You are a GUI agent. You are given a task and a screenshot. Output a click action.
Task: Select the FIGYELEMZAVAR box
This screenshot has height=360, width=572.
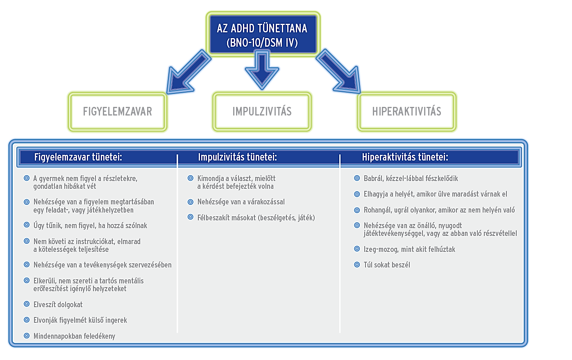click(x=118, y=111)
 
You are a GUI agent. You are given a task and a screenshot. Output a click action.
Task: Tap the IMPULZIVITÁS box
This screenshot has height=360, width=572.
click(x=262, y=111)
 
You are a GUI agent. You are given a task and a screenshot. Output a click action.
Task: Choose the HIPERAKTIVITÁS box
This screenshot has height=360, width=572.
click(x=406, y=111)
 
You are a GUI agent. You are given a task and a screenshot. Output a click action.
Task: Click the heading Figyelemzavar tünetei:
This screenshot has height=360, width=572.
click(x=78, y=157)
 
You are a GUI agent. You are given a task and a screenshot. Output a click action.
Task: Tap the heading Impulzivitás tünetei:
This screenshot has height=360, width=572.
click(x=238, y=157)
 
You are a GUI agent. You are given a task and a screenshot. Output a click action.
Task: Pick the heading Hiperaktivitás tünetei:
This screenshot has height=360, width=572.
click(x=405, y=157)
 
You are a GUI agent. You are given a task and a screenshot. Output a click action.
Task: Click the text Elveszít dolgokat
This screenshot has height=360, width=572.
click(x=58, y=305)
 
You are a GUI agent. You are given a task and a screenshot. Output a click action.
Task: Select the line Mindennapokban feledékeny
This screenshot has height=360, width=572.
click(x=74, y=336)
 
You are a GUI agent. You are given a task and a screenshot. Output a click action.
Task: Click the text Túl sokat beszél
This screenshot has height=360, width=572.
click(x=387, y=265)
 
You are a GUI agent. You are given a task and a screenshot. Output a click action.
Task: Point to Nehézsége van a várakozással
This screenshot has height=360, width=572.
click(x=241, y=202)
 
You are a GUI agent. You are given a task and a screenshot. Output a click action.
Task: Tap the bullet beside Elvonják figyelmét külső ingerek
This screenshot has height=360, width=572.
click(x=27, y=320)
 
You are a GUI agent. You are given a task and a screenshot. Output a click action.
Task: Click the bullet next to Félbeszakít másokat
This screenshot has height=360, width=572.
click(x=191, y=217)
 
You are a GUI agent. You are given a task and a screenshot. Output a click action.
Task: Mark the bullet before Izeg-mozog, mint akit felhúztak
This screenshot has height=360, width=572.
click(x=357, y=249)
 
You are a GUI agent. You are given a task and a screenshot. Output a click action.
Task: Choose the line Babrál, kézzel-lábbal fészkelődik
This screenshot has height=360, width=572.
click(x=411, y=179)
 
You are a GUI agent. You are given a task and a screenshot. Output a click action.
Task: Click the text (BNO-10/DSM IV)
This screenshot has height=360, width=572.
click(x=262, y=43)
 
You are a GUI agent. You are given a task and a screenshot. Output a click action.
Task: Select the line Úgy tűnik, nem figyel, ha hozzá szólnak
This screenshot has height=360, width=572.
click(x=90, y=226)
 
